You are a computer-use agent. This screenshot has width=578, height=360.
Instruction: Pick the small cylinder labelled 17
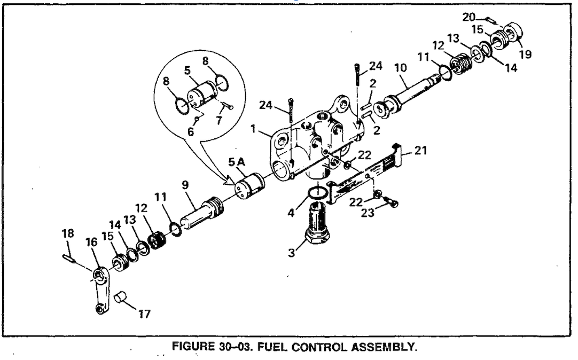coord(122,296)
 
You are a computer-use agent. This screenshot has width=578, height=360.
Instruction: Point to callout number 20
coord(468,17)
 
